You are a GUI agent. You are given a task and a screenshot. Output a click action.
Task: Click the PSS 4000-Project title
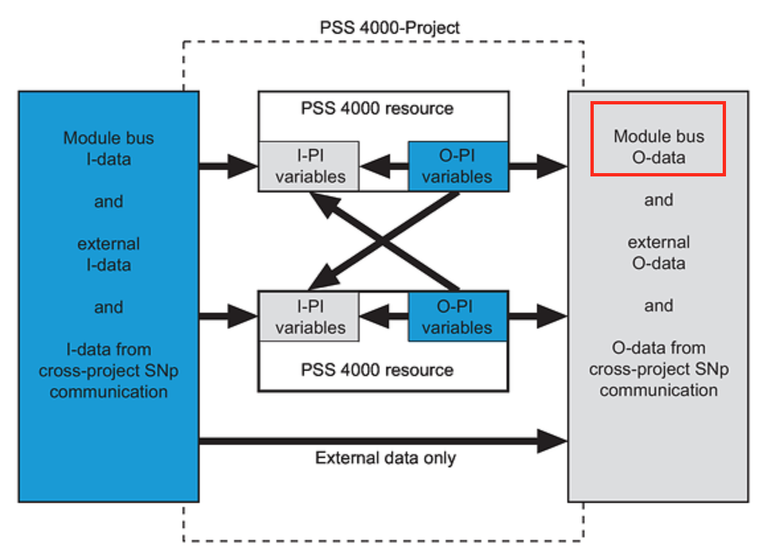389,27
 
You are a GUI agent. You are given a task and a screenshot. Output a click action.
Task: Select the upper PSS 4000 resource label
377,108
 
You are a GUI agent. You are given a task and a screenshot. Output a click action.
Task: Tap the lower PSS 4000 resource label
377,370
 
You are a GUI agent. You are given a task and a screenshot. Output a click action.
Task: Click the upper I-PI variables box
309,166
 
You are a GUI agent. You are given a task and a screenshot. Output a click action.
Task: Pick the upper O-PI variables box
458,166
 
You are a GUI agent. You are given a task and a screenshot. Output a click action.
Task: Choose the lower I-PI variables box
309,317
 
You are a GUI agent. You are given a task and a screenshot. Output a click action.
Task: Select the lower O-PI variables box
458,317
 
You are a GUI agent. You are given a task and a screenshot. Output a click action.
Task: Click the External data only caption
385,458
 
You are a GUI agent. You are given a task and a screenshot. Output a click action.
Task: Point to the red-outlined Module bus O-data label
659,147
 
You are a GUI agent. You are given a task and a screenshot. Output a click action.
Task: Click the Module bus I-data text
108,149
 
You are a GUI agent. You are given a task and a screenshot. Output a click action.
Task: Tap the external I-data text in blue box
108,254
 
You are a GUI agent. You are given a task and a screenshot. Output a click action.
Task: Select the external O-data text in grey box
659,252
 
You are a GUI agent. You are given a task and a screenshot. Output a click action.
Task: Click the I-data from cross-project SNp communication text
108,371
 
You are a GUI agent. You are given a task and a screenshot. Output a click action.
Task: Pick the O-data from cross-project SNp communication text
659,369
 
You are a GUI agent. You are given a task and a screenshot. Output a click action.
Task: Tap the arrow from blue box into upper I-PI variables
228,166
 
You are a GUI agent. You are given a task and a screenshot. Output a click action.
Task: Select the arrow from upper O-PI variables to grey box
538,166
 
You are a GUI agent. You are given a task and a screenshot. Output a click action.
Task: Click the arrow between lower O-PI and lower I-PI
384,317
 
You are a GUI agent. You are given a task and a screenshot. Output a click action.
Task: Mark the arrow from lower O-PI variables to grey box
538,317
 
